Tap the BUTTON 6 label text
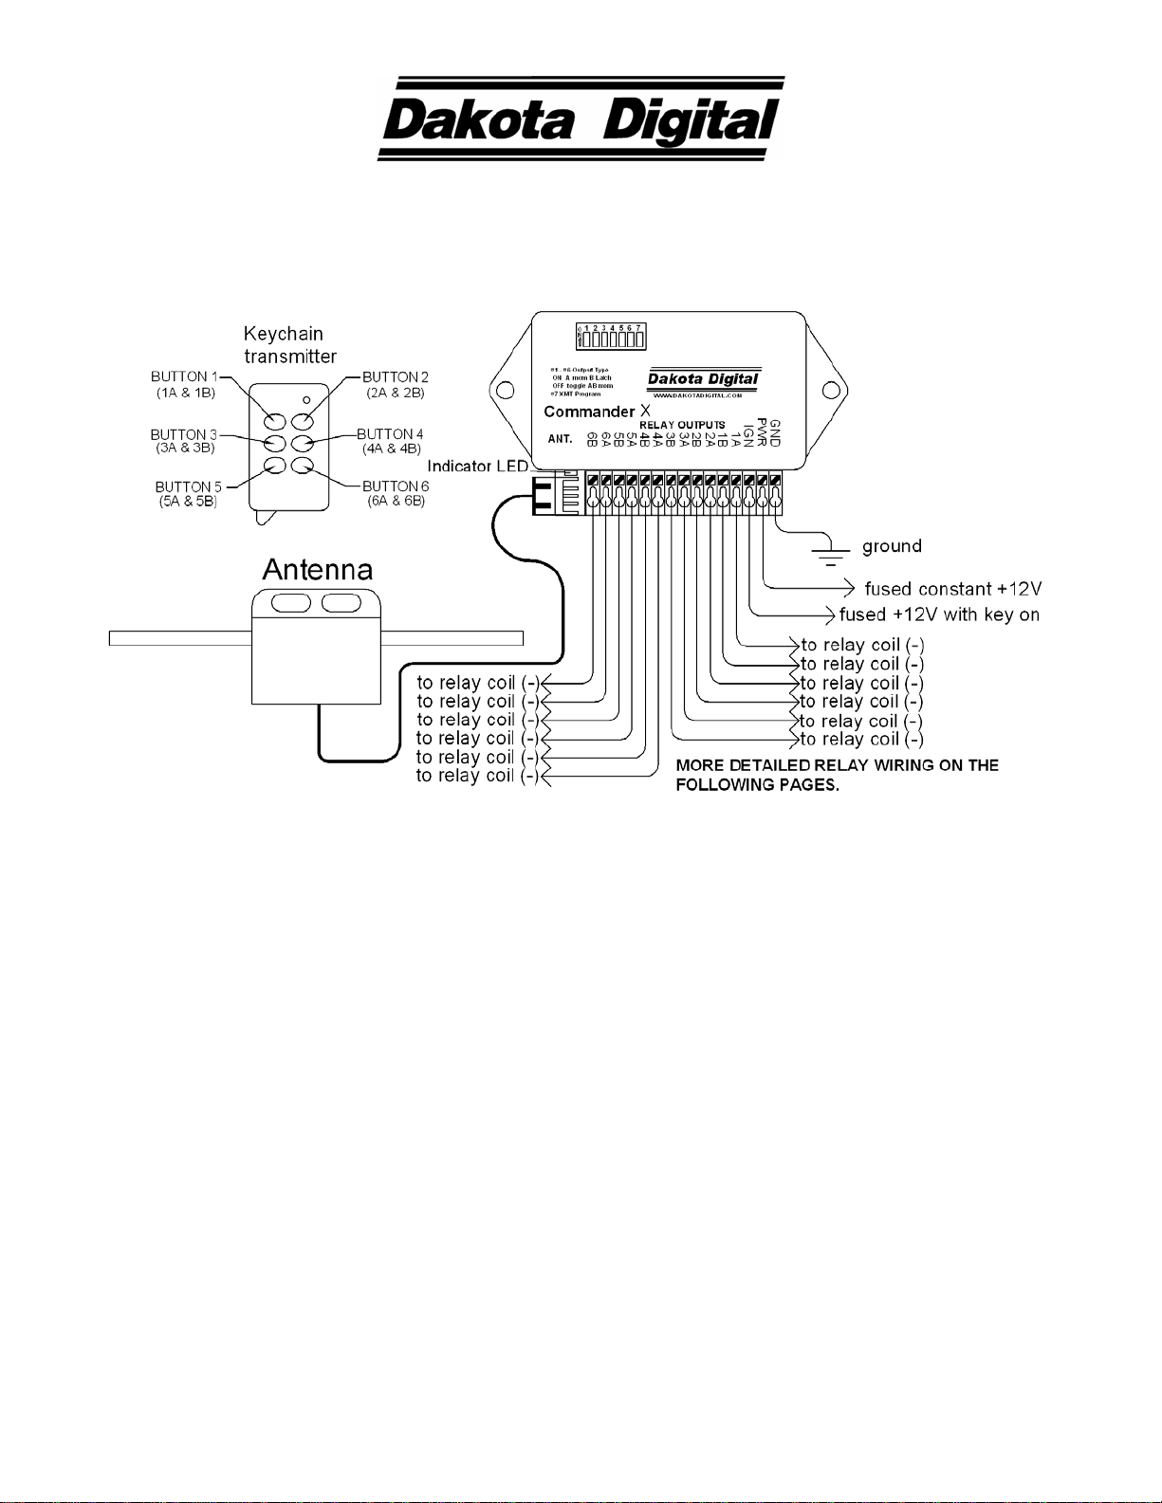[x=396, y=486]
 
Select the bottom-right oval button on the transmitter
[x=303, y=465]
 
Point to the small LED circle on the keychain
[x=305, y=399]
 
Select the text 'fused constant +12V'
[x=952, y=589]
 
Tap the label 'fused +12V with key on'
[x=939, y=614]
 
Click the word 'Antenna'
[x=317, y=570]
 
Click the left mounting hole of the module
[x=506, y=390]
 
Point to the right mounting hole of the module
[x=831, y=390]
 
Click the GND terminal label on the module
[x=775, y=433]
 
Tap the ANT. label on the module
[x=560, y=439]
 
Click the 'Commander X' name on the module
[x=597, y=412]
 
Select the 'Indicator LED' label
[x=477, y=467]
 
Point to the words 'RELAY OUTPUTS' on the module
[x=682, y=425]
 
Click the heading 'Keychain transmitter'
[x=289, y=345]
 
